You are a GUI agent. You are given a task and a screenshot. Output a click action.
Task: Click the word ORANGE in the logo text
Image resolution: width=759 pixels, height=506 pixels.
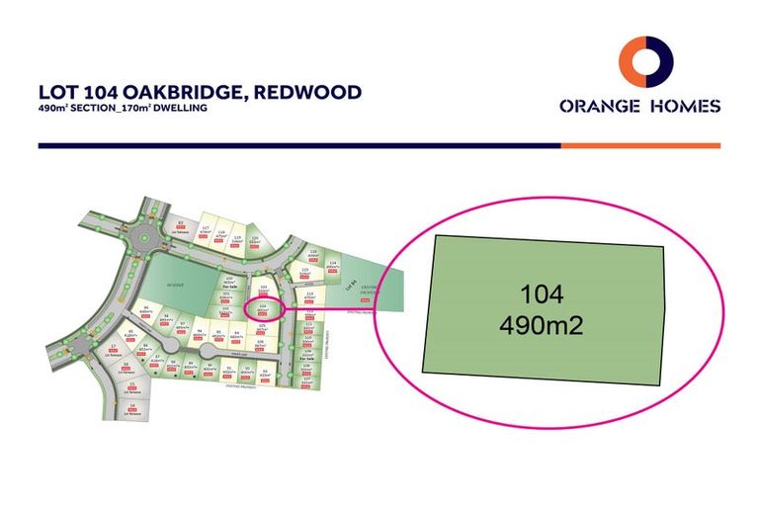[596, 106]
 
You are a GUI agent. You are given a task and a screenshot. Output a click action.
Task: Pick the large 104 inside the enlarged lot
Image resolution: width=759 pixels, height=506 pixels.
[542, 294]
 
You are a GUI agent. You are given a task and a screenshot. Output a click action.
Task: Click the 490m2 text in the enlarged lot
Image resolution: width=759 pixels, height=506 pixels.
[542, 323]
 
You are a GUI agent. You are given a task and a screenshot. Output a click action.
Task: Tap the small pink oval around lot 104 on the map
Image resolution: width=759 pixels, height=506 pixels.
[262, 308]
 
